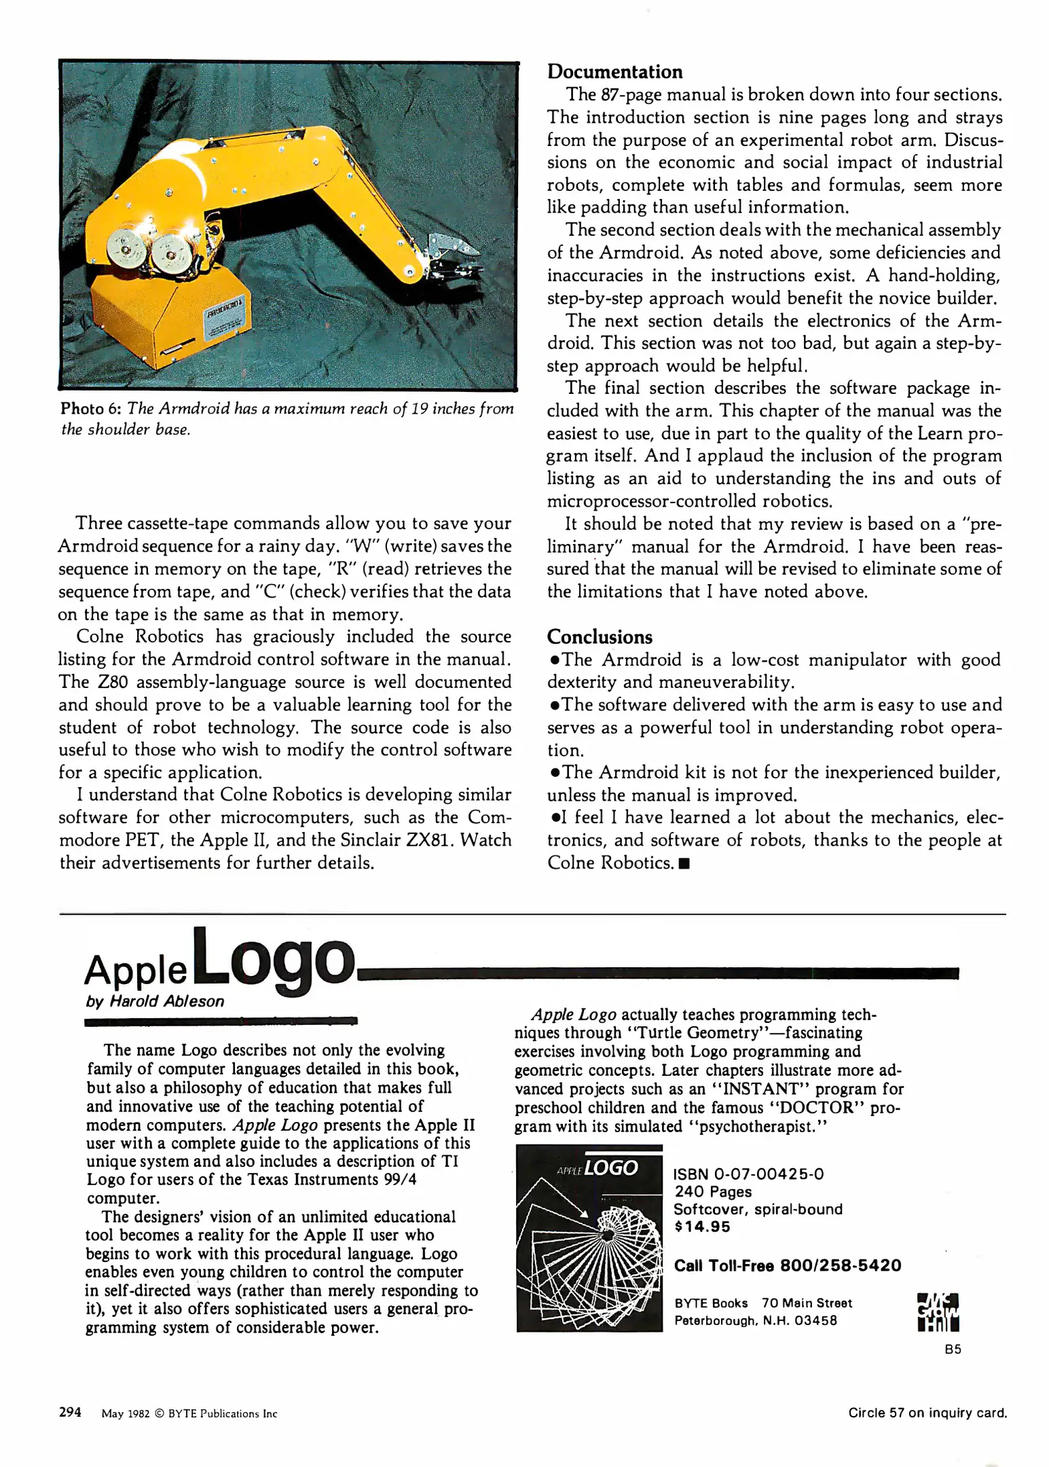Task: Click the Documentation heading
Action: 614,72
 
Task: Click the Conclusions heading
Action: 600,637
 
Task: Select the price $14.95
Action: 702,1226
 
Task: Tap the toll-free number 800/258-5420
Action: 841,1265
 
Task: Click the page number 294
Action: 71,1412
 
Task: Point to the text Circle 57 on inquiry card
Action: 927,1413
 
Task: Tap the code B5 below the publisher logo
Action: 953,1350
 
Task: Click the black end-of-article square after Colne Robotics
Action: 684,864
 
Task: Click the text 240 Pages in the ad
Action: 713,1191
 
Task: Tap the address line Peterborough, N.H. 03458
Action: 755,1320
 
